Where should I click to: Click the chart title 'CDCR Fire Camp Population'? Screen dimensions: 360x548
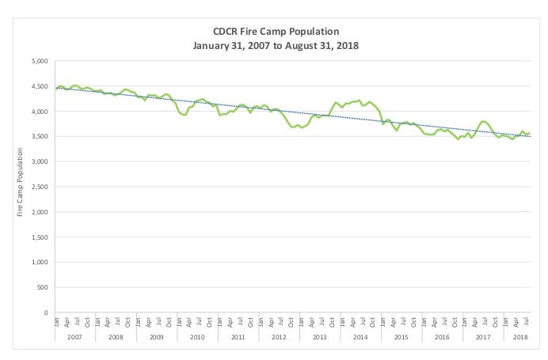click(x=276, y=31)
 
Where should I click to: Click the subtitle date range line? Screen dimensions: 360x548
click(x=276, y=45)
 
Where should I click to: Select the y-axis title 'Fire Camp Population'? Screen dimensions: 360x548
click(x=20, y=186)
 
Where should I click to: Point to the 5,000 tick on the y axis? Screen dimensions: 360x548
click(x=39, y=61)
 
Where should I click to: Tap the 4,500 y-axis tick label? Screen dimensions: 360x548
click(x=39, y=86)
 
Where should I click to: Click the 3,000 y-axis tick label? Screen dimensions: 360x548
click(x=39, y=161)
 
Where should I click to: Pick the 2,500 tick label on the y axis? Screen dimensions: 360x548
click(x=39, y=187)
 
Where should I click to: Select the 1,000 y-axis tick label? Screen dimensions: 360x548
click(x=39, y=262)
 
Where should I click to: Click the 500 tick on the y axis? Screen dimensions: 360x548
click(x=42, y=287)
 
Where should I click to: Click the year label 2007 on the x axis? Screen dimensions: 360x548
click(x=75, y=337)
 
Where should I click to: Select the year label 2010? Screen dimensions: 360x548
click(x=197, y=337)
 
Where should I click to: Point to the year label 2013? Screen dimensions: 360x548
click(x=320, y=337)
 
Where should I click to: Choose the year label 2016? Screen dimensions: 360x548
click(x=442, y=337)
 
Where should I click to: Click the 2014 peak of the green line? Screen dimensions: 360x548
click(x=359, y=100)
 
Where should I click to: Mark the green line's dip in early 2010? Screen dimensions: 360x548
click(x=184, y=115)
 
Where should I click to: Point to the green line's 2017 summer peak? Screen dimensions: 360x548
click(x=484, y=121)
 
